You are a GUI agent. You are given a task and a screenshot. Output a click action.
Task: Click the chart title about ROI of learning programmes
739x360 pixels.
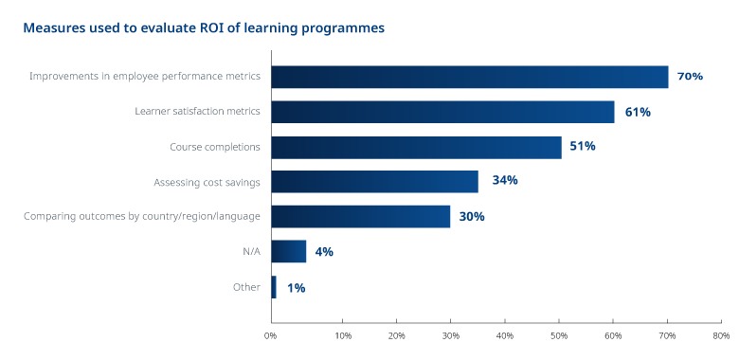point(204,28)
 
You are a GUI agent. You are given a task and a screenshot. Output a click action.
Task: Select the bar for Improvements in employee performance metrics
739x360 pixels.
point(470,77)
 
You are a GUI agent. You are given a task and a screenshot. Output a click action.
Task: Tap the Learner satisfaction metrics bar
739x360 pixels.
point(442,112)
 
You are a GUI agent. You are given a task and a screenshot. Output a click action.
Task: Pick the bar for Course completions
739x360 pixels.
point(416,147)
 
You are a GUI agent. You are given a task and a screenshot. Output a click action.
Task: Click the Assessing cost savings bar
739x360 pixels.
point(374,181)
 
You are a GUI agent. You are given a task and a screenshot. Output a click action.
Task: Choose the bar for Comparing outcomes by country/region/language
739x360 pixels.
point(360,216)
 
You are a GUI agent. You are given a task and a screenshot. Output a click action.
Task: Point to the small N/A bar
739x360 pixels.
point(288,251)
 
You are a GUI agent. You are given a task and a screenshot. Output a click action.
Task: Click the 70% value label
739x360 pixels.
point(690,77)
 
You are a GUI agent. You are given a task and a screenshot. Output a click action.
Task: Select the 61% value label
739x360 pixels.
point(638,112)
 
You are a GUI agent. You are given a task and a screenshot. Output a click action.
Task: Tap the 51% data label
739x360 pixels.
point(582,147)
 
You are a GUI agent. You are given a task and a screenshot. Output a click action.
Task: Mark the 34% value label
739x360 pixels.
point(504,181)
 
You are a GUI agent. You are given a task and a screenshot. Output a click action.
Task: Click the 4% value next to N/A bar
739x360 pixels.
point(324,252)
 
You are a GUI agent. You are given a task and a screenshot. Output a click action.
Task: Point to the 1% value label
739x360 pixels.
point(296,287)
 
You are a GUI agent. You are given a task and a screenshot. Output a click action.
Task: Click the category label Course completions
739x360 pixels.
point(214,147)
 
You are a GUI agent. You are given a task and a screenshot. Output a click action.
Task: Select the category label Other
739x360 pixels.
point(246,287)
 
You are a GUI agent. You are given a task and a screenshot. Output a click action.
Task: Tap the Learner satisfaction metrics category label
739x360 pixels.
point(197,112)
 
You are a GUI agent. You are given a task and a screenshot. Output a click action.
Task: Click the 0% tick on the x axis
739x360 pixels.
point(271,335)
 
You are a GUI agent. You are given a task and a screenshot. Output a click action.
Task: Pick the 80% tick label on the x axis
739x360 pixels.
point(721,335)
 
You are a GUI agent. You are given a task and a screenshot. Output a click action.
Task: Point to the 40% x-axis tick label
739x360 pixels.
point(504,335)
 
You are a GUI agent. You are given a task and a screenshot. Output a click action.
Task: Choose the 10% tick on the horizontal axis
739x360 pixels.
point(343,335)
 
